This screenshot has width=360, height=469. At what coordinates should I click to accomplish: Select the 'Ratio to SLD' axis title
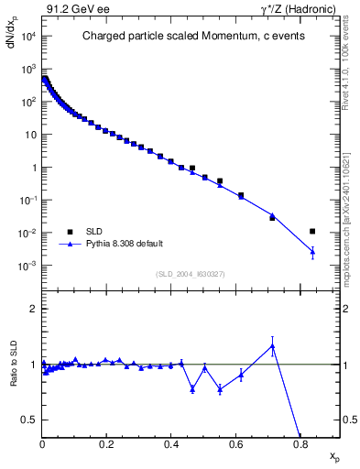pos(15,375)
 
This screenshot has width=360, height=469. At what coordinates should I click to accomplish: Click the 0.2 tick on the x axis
pos(106,444)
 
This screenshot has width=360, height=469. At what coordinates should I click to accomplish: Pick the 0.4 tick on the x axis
pos(171,444)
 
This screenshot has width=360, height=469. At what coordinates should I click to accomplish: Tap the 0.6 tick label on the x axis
pos(235,444)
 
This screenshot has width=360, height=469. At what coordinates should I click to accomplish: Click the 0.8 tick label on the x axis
pos(300,444)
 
